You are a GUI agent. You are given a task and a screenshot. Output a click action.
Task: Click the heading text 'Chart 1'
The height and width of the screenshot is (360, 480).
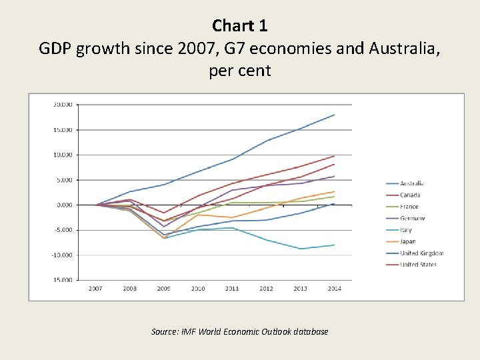(x=240, y=25)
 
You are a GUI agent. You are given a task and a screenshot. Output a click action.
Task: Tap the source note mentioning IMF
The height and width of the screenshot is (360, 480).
(x=240, y=331)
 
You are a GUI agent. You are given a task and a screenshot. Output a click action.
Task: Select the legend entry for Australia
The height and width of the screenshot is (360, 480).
(x=412, y=183)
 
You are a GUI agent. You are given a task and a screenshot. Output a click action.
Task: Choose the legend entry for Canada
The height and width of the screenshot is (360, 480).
(x=411, y=195)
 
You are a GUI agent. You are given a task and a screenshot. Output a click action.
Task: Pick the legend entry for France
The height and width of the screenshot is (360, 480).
(x=409, y=207)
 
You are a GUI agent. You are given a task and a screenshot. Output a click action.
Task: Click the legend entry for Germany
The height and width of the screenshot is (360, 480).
(x=413, y=218)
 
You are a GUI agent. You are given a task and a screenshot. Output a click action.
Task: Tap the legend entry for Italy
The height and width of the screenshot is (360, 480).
(x=406, y=230)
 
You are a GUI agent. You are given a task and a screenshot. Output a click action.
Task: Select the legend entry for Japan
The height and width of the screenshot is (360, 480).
(x=409, y=241)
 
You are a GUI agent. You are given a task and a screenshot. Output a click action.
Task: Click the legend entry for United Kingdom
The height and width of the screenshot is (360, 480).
(x=421, y=253)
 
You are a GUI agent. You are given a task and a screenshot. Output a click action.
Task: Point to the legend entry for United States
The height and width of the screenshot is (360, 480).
(x=419, y=265)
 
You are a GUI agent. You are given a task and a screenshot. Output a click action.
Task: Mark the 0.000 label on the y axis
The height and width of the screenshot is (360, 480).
(x=64, y=205)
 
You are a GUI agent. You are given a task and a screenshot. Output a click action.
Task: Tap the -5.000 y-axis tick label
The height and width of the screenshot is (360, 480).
(x=64, y=230)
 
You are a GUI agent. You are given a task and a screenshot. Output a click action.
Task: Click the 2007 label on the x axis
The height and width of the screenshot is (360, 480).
(x=95, y=289)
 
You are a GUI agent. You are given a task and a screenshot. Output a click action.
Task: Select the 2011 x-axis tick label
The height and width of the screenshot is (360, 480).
(x=231, y=289)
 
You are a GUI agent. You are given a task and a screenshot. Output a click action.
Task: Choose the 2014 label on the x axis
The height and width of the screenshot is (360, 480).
(x=334, y=289)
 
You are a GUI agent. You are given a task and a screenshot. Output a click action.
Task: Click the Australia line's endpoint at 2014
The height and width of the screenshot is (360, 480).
(x=334, y=115)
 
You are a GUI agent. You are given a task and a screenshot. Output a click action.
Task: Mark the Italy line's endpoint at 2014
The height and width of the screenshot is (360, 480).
(x=334, y=245)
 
